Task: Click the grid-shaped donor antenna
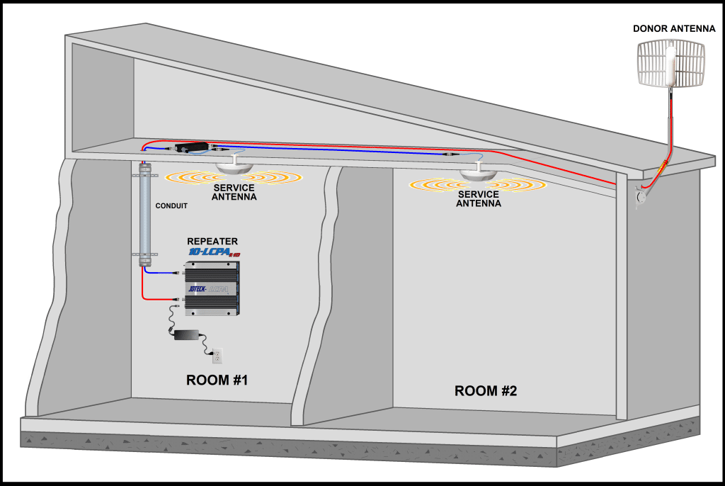point(670,63)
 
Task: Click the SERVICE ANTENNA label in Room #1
point(234,192)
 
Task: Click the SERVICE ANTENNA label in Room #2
point(479,198)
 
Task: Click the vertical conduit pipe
point(146,213)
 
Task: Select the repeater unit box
point(212,288)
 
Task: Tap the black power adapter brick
point(188,334)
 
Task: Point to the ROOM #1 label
point(217,380)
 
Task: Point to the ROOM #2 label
point(486,390)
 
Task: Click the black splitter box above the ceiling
point(193,148)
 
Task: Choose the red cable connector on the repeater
point(179,300)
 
